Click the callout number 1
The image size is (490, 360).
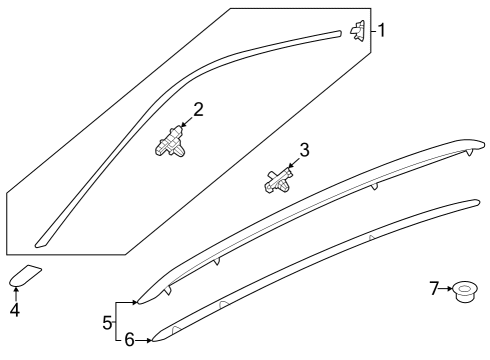click(382, 30)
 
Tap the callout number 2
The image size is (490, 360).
click(198, 110)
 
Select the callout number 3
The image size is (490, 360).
click(304, 150)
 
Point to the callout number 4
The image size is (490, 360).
click(15, 310)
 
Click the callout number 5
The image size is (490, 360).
click(107, 323)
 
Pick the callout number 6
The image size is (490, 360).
click(129, 340)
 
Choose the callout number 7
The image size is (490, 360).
click(434, 288)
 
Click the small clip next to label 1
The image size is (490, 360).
click(357, 30)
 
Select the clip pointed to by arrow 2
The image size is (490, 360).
click(170, 143)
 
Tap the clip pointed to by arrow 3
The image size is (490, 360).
click(279, 181)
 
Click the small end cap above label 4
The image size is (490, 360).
click(25, 276)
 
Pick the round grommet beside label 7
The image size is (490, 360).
click(465, 292)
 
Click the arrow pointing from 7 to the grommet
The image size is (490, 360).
click(446, 289)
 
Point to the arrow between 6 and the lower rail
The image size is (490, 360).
click(144, 340)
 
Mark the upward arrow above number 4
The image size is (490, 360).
click(16, 295)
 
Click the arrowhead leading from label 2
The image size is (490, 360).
click(182, 125)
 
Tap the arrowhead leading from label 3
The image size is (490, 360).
click(290, 165)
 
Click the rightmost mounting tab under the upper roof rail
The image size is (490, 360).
click(470, 152)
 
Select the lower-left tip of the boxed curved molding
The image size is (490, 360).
click(36, 246)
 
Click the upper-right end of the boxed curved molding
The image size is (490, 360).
click(340, 33)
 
